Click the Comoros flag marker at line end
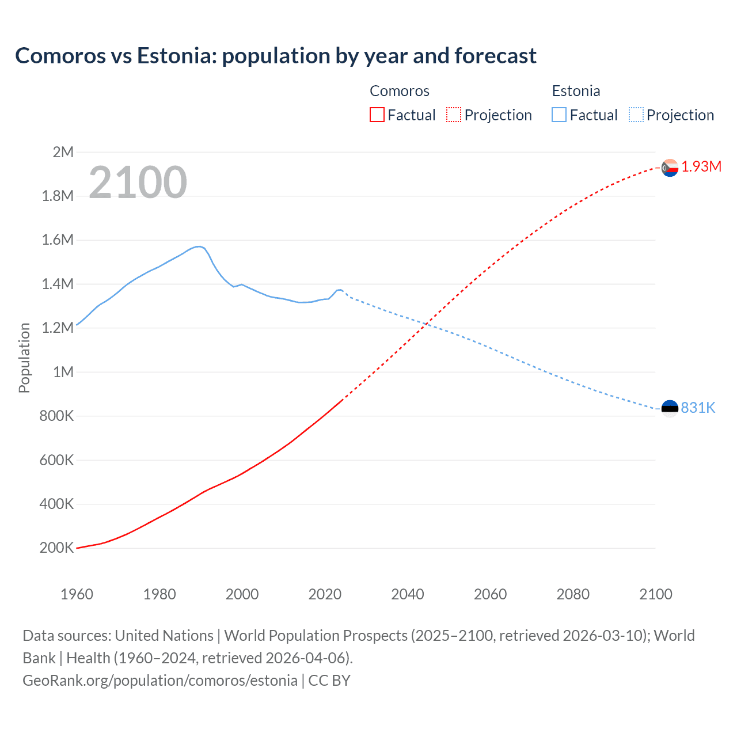(670, 168)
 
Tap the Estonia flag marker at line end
(670, 409)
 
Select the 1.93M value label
(701, 167)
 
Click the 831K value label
(698, 408)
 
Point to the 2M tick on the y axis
(63, 152)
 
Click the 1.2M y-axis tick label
(58, 328)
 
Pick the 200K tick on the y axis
(56, 548)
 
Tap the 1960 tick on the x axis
(77, 594)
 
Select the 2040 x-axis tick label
(408, 594)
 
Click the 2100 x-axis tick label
(655, 594)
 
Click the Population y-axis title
(24, 358)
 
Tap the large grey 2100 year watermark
(138, 183)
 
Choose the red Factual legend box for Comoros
(377, 115)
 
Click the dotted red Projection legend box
(454, 115)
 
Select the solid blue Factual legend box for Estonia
(559, 115)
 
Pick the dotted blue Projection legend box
(636, 115)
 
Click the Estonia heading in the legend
(576, 91)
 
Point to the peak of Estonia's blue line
(199, 246)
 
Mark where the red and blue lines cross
(426, 325)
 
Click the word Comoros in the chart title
(60, 56)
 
